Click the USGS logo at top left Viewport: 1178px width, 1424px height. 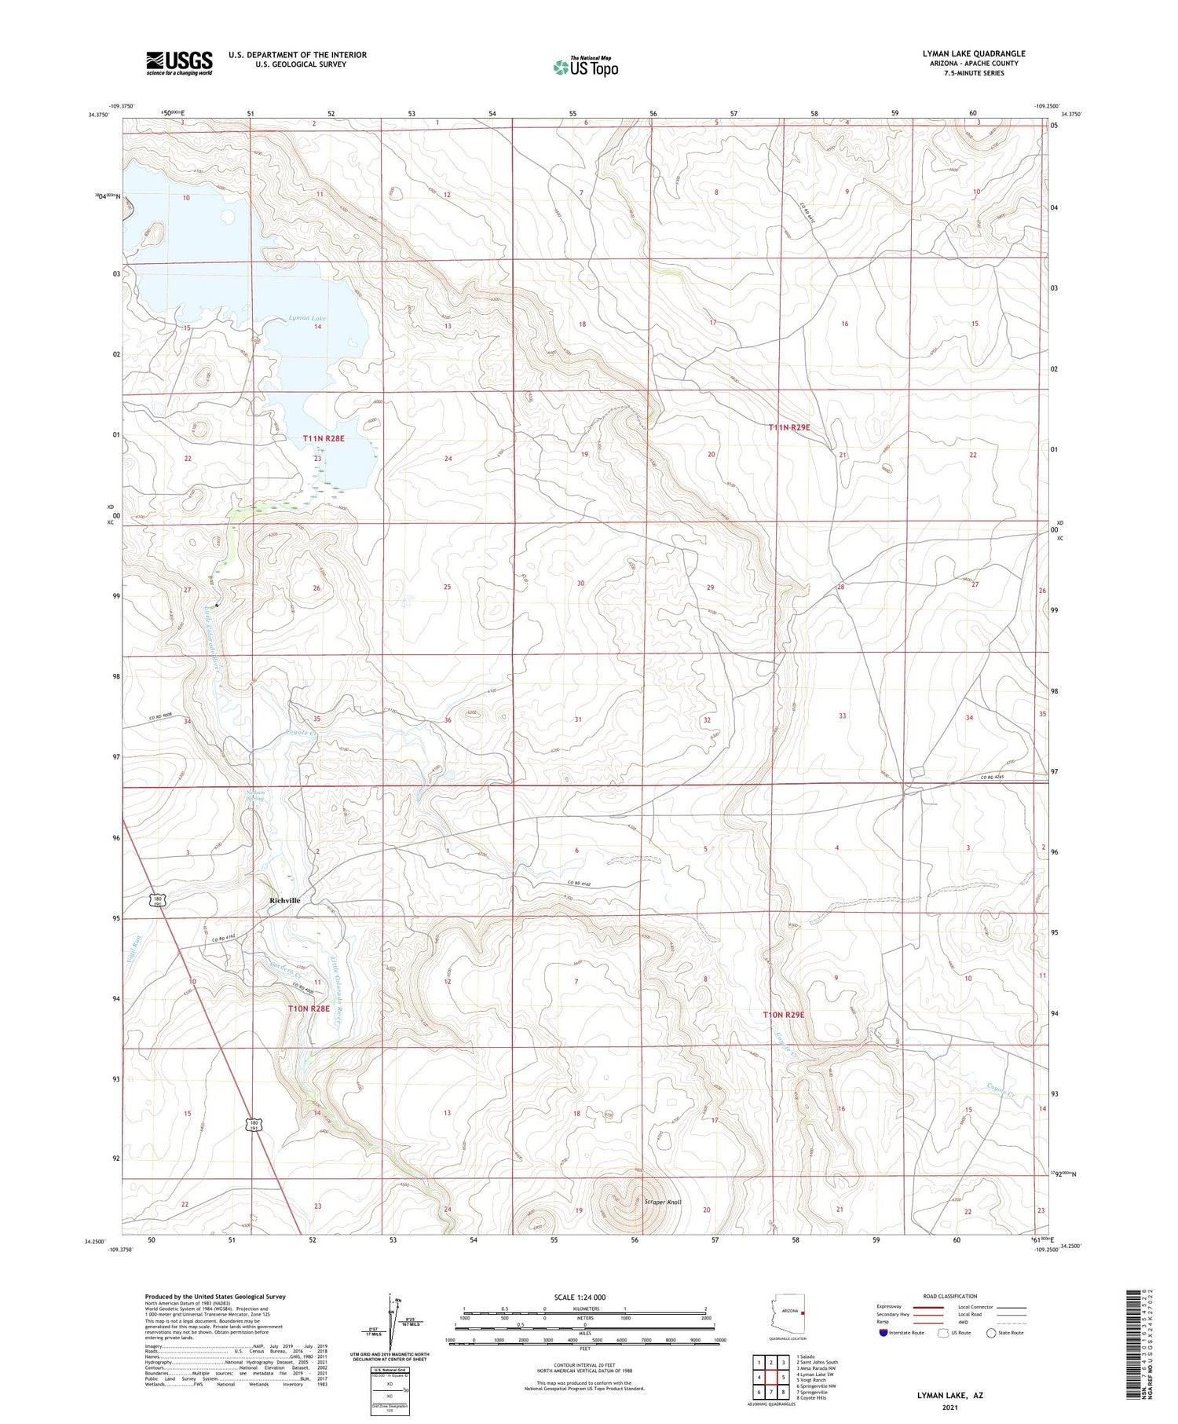point(179,63)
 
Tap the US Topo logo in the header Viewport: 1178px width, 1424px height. point(585,68)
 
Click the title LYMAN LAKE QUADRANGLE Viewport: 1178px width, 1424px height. point(973,53)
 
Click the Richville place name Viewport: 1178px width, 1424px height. point(284,900)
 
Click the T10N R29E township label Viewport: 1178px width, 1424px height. point(784,1015)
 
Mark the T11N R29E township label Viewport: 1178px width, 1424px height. point(788,427)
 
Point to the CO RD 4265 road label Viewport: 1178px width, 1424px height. point(993,778)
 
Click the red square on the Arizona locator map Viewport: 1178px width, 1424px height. point(803,1311)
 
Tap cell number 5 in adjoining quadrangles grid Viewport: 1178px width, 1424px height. point(784,1377)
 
